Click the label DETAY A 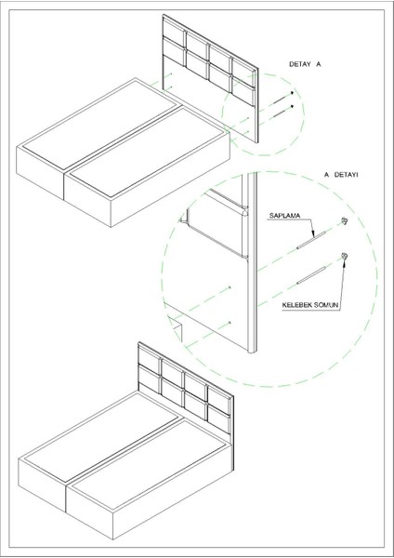click(x=305, y=64)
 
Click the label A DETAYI click(x=341, y=175)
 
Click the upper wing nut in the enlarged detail click(x=344, y=220)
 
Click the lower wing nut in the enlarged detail click(x=344, y=256)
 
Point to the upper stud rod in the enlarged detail click(x=311, y=240)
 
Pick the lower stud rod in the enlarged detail click(x=311, y=275)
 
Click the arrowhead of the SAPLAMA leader click(x=313, y=235)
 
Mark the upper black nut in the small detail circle click(x=292, y=92)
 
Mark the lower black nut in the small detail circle click(x=292, y=106)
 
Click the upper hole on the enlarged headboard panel click(x=230, y=286)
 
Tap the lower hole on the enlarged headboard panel click(x=230, y=323)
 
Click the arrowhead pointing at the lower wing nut click(x=344, y=262)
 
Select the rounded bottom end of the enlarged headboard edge click(x=252, y=351)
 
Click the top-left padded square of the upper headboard click(x=174, y=31)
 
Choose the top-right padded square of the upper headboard click(x=243, y=73)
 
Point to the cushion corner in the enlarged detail click(x=245, y=213)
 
